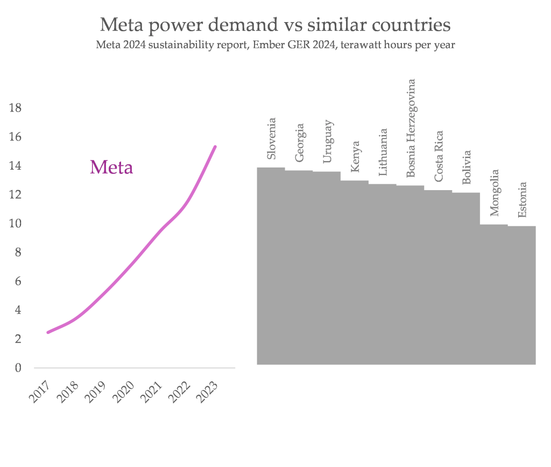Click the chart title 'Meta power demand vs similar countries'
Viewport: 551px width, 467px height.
click(x=275, y=24)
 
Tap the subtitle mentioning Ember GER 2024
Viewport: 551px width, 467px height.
click(x=275, y=45)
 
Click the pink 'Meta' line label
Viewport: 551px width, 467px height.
click(x=111, y=168)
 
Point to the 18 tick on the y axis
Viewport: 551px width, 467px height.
click(x=15, y=108)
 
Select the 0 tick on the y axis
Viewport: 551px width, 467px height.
click(x=18, y=368)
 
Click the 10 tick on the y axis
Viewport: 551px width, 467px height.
click(x=15, y=224)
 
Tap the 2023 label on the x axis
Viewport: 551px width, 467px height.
click(x=208, y=393)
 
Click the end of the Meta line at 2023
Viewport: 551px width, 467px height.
click(x=215, y=147)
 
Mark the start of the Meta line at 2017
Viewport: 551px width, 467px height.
click(x=48, y=332)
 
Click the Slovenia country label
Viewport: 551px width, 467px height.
click(x=272, y=138)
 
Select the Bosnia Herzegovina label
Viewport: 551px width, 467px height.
click(x=411, y=128)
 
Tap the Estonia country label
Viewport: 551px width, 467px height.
click(x=522, y=200)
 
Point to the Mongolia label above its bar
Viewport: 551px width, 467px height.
click(x=495, y=193)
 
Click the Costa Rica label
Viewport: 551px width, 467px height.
click(x=439, y=156)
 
